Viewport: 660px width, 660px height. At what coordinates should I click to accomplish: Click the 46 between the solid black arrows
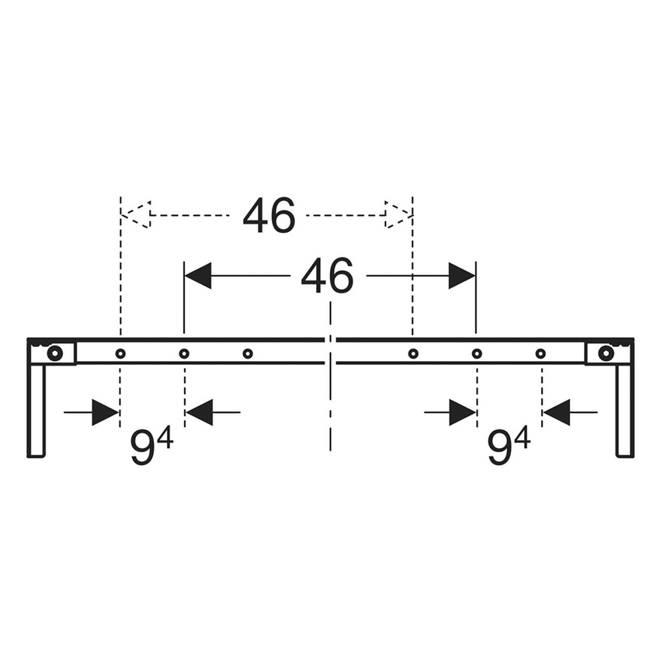[328, 276]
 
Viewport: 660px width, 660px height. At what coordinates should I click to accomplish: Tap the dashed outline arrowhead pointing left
[136, 215]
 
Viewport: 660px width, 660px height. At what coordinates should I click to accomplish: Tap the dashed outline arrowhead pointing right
[398, 215]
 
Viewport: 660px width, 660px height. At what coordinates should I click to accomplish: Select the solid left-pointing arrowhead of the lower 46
[198, 276]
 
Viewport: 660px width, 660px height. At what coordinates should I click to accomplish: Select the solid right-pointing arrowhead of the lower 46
[462, 276]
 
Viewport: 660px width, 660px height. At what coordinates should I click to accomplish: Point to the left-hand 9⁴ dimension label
[151, 446]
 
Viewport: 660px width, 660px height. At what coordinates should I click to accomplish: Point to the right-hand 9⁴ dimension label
[509, 446]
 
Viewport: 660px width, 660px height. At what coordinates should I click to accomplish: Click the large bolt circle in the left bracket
[54, 353]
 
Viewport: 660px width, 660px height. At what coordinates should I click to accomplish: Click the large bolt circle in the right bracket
[606, 353]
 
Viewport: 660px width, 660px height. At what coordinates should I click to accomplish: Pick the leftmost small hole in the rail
[120, 354]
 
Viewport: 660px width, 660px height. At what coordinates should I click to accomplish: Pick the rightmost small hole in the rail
[540, 354]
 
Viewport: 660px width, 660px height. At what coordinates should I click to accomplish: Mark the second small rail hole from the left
[184, 354]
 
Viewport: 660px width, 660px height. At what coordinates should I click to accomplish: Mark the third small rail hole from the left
[248, 354]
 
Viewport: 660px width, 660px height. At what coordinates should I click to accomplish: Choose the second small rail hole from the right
[477, 354]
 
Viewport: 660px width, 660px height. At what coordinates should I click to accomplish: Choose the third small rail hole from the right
[413, 354]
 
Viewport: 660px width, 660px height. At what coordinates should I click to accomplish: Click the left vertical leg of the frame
[36, 410]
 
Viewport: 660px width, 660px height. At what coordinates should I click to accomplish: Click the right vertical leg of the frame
[624, 410]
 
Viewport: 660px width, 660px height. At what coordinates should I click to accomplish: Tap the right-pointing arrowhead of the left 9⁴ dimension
[105, 412]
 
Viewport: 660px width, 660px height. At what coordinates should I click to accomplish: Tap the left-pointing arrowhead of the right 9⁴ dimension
[556, 412]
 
